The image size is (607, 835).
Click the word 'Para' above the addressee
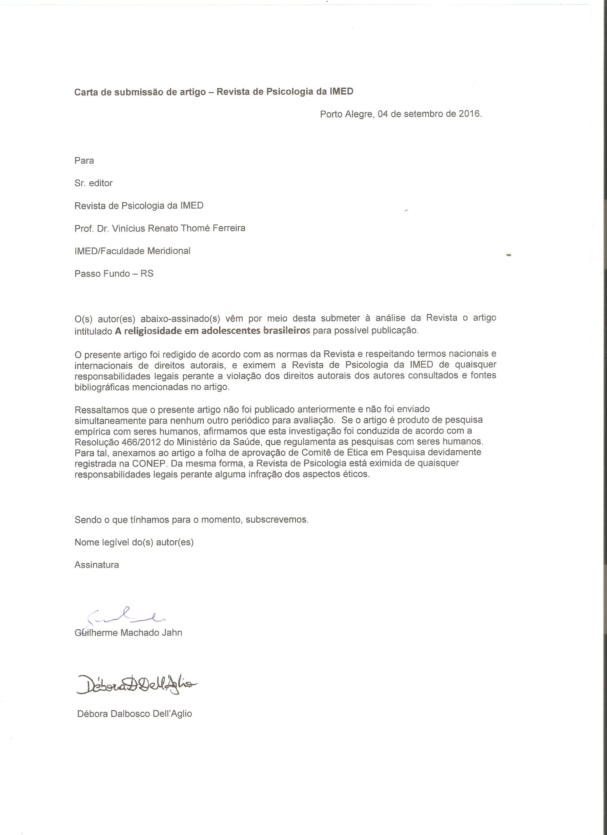pyautogui.click(x=84, y=160)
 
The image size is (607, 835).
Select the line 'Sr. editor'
pyautogui.click(x=94, y=183)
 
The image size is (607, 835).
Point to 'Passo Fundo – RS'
pyautogui.click(x=114, y=274)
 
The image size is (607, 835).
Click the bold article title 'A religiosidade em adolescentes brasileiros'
pyautogui.click(x=212, y=330)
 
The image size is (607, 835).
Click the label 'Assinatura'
pyautogui.click(x=96, y=565)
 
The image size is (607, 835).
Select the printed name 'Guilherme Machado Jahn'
pyautogui.click(x=128, y=632)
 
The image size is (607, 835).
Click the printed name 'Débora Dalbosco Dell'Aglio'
pyautogui.click(x=134, y=714)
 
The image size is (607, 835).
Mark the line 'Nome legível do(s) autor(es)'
pyautogui.click(x=134, y=542)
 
